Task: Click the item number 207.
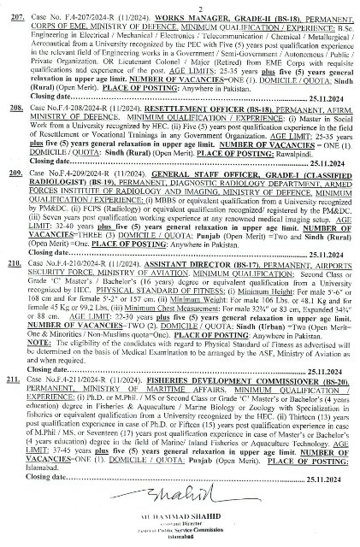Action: (x=13, y=16)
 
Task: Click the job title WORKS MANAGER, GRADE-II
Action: (x=180, y=16)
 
